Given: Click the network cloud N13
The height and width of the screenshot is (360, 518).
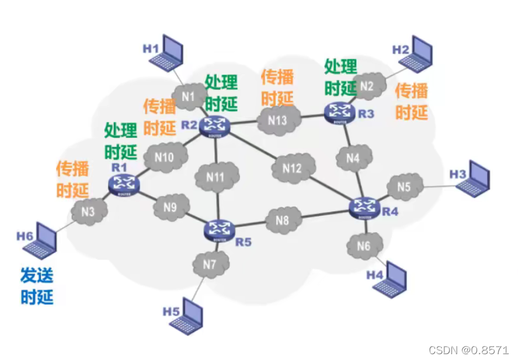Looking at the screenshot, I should [x=278, y=121].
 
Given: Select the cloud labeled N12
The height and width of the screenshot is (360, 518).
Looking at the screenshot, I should [x=292, y=169].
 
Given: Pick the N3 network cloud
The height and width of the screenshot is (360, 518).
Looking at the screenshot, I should [x=88, y=211].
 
